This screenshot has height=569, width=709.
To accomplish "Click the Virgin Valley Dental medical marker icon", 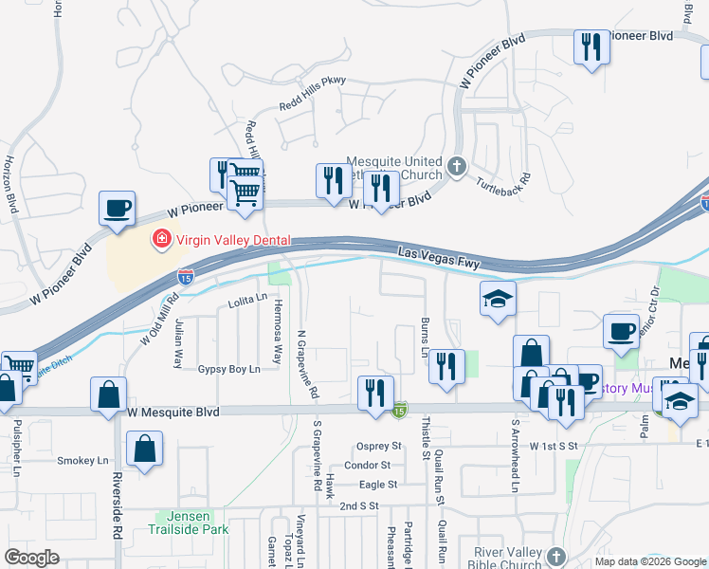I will pyautogui.click(x=162, y=240).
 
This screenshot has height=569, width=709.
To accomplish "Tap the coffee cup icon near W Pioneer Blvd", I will pyautogui.click(x=117, y=209).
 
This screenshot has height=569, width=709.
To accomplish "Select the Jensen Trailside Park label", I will pyautogui.click(x=193, y=523).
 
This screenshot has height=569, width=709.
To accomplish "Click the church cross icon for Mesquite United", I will pyautogui.click(x=457, y=168).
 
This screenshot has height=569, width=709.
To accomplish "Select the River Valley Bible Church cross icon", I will pyautogui.click(x=555, y=556).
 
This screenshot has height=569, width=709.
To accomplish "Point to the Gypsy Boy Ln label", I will pyautogui.click(x=228, y=369).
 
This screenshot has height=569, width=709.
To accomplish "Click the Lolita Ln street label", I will pyautogui.click(x=247, y=302).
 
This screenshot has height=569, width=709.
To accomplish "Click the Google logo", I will pyautogui.click(x=30, y=558).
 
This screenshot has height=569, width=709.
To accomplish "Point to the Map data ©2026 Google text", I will pyautogui.click(x=649, y=561).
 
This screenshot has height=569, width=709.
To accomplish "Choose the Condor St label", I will pyautogui.click(x=368, y=465).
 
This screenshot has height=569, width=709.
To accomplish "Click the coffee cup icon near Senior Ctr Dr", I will pyautogui.click(x=621, y=330).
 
